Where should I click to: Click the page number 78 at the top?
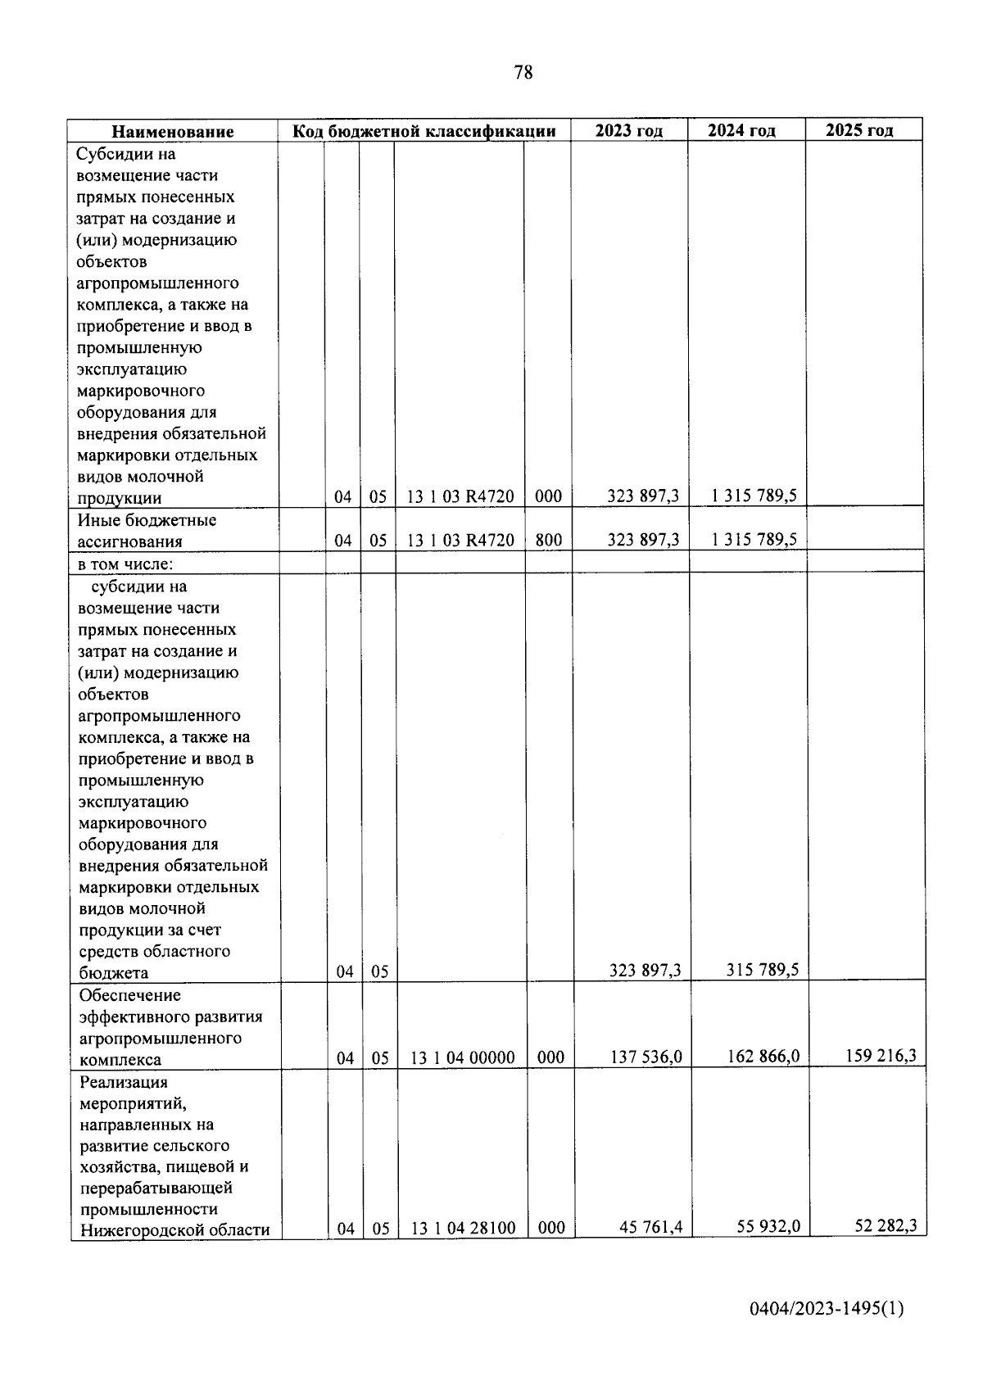tap(523, 73)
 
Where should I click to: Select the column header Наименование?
tap(173, 132)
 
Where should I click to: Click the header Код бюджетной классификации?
tap(424, 131)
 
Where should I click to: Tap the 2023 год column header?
tap(628, 131)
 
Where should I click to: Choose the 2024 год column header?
tap(741, 130)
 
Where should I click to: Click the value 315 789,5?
tap(763, 970)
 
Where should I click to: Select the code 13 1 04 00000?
tap(462, 1058)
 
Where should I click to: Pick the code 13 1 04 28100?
tap(463, 1229)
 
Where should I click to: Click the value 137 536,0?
tap(646, 1057)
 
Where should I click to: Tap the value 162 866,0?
tap(763, 1057)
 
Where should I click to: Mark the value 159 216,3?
tap(881, 1055)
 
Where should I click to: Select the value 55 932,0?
tap(768, 1227)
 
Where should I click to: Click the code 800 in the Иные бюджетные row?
tap(548, 541)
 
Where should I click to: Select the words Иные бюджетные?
tap(147, 520)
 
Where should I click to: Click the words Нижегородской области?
tap(174, 1230)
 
